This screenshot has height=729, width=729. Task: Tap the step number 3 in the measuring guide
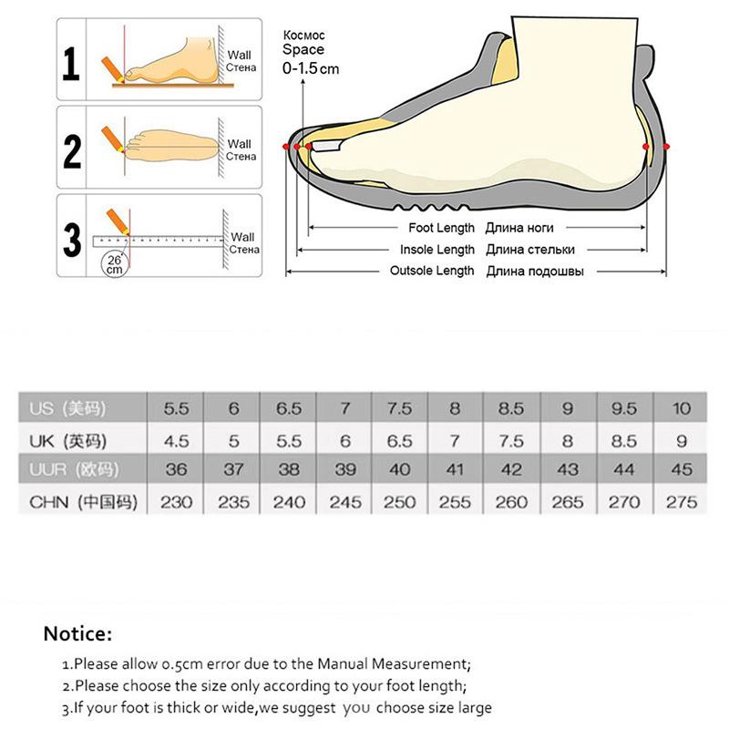[72, 240]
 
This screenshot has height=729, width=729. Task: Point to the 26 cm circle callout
[115, 263]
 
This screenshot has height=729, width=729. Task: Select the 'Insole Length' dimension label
[437, 250]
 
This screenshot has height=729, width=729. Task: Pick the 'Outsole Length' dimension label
[432, 271]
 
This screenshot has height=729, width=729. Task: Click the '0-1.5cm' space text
[311, 68]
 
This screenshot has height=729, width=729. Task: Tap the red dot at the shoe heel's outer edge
[667, 146]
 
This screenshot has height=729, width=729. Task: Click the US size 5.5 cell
[176, 408]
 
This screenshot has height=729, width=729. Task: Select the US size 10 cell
[682, 408]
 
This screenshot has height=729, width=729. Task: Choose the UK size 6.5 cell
[400, 441]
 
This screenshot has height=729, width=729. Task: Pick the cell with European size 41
[456, 471]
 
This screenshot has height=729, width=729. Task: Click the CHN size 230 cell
[176, 502]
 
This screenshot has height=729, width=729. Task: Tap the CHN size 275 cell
[682, 502]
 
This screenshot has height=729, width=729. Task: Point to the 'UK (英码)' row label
[69, 441]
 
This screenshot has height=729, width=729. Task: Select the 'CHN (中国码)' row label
[83, 502]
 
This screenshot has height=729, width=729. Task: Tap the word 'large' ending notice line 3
[472, 708]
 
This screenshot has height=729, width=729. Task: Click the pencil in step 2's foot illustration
[114, 137]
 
